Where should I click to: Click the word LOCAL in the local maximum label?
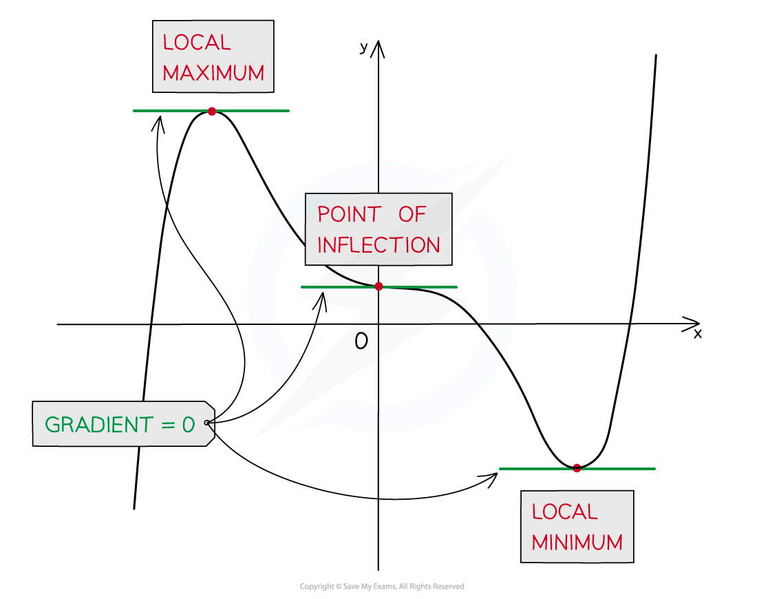(x=196, y=43)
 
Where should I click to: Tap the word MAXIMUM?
(x=213, y=74)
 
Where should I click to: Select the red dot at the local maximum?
(x=211, y=111)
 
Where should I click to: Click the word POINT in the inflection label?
(x=349, y=215)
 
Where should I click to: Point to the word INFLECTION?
(x=378, y=245)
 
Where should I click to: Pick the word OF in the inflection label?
(x=413, y=215)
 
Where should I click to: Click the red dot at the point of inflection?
(x=378, y=286)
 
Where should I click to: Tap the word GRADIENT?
(x=99, y=425)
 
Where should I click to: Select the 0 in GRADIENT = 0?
(x=189, y=425)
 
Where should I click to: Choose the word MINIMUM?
(x=577, y=543)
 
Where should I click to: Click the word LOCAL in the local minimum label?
(x=565, y=512)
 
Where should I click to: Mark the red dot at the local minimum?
(x=577, y=468)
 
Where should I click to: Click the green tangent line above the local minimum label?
(x=619, y=469)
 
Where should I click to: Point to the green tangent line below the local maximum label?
(x=255, y=111)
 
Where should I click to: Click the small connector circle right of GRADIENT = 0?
(x=206, y=423)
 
